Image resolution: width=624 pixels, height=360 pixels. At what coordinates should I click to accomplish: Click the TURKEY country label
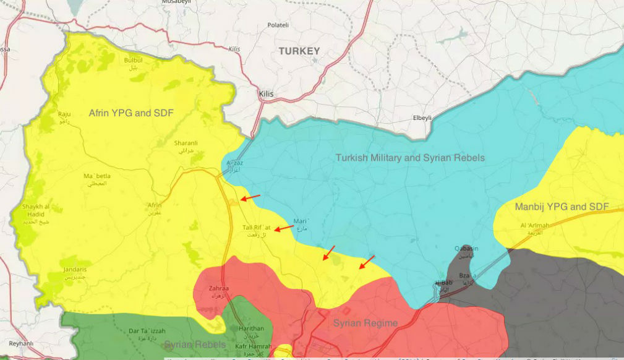[299, 51]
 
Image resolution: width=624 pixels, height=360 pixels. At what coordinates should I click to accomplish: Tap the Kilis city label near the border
[266, 94]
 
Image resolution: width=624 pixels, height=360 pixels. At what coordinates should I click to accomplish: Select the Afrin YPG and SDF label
[131, 113]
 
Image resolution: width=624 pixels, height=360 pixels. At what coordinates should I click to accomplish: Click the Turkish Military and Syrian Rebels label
[410, 158]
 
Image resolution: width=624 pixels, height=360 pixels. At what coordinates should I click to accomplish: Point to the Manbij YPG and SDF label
[562, 207]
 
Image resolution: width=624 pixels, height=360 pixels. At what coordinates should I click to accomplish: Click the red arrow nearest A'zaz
[250, 198]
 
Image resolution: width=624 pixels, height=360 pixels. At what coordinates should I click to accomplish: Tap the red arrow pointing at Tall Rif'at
[284, 228]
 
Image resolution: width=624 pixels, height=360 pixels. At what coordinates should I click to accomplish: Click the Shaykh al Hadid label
[35, 210]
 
